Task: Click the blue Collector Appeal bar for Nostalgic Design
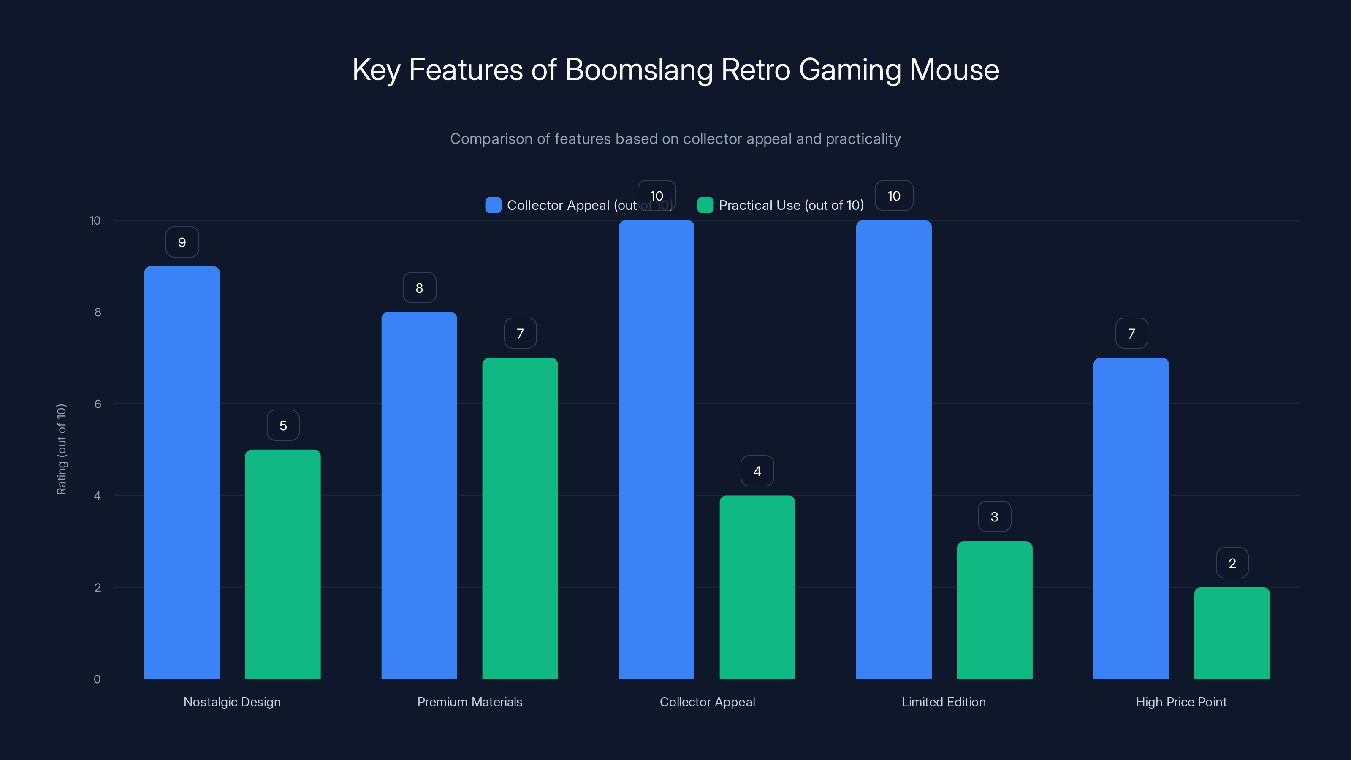pos(182,472)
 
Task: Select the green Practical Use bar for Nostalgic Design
pos(283,564)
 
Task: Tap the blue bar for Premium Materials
pos(419,495)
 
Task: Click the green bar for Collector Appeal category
pos(757,587)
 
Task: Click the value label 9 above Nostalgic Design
pos(182,242)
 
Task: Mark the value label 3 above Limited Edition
pos(994,517)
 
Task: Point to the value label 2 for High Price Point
pos(1232,563)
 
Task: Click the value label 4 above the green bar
pos(757,472)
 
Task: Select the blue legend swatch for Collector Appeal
pos(493,205)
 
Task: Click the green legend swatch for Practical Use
pos(705,205)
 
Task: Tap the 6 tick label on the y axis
pos(98,404)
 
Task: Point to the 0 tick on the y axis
pos(97,679)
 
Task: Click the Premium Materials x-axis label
pos(469,702)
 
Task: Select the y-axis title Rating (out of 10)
pos(61,450)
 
